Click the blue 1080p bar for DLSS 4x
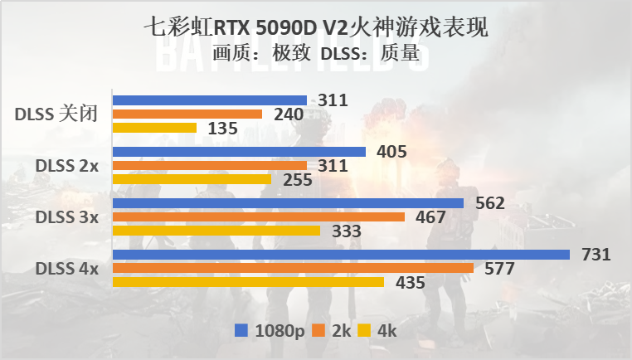341,255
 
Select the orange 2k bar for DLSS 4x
292,269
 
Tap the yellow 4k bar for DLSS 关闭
154,129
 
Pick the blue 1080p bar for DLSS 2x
239,152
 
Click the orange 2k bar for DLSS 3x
258,217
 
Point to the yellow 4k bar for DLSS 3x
216,231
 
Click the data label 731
595,255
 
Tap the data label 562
489,203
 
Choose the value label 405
391,152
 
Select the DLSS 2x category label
66,166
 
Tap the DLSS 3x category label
66,217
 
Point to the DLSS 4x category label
66,269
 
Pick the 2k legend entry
332,331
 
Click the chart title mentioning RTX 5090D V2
316,28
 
